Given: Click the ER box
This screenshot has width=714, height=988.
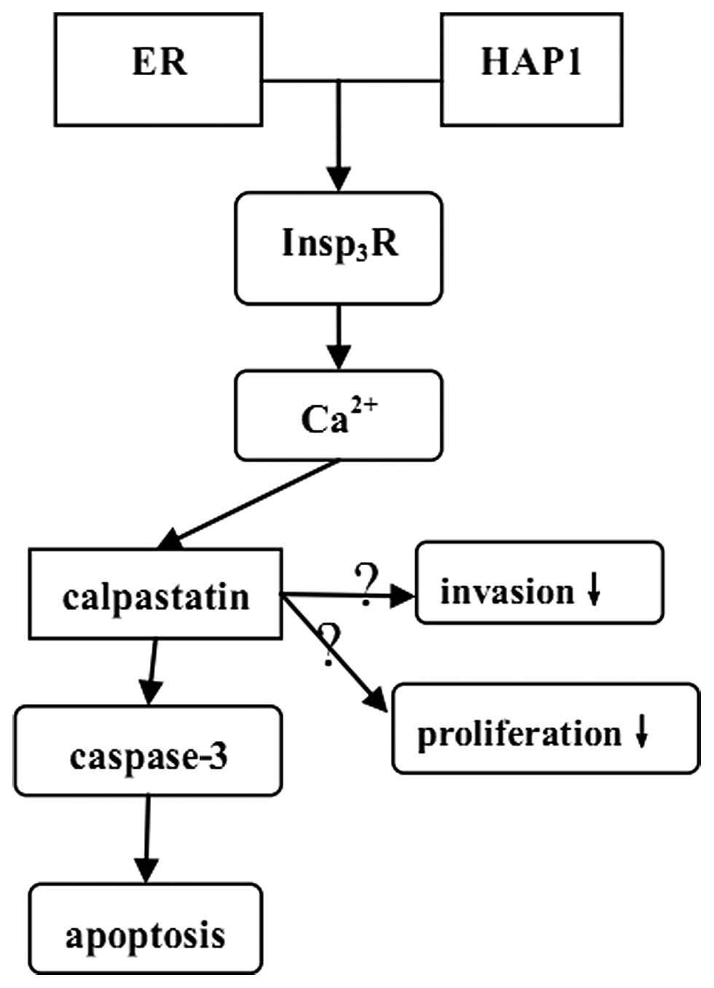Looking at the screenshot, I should tap(158, 70).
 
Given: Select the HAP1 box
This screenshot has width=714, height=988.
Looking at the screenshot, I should tap(531, 70).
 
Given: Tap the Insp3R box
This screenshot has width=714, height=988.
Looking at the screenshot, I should tap(338, 248).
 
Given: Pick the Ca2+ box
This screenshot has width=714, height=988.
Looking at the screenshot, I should tap(338, 416).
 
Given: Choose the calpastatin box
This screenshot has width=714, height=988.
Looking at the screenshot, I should tap(155, 594).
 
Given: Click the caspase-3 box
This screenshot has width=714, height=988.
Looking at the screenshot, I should tap(148, 750).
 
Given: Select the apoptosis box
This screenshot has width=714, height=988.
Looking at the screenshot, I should tap(145, 928).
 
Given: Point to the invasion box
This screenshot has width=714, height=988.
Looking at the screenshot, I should tap(539, 582).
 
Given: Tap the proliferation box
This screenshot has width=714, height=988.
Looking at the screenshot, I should tap(545, 728).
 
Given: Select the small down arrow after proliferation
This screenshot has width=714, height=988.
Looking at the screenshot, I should tap(641, 731).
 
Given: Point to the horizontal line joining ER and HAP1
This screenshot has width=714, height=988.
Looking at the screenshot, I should tap(351, 81).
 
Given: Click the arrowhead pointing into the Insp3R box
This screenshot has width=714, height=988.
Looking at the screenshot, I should tap(338, 178).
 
